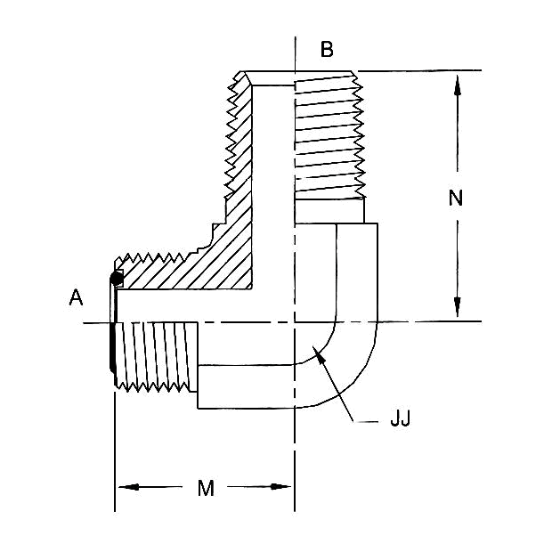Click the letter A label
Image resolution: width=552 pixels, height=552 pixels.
pyautogui.click(x=77, y=298)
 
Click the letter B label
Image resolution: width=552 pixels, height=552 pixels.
pyautogui.click(x=327, y=50)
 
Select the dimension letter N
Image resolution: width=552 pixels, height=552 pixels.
pyautogui.click(x=456, y=199)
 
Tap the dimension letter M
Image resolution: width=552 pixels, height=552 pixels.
pyautogui.click(x=206, y=487)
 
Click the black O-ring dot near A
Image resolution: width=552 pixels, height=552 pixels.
pyautogui.click(x=116, y=280)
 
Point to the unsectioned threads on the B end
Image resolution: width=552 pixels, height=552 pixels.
pyautogui.click(x=329, y=134)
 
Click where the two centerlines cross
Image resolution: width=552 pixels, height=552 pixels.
pyautogui.click(x=295, y=321)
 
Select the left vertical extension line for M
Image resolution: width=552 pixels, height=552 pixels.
pyautogui.click(x=115, y=454)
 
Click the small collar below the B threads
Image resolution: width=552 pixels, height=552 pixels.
pyautogui.click(x=329, y=210)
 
